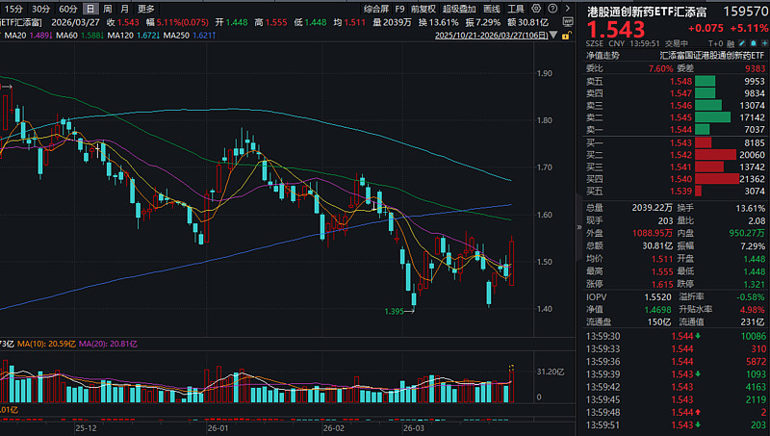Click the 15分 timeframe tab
(14, 8)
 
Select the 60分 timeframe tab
(68, 8)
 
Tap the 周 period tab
(107, 8)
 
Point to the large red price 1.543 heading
(619, 33)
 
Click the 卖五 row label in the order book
(596, 82)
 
